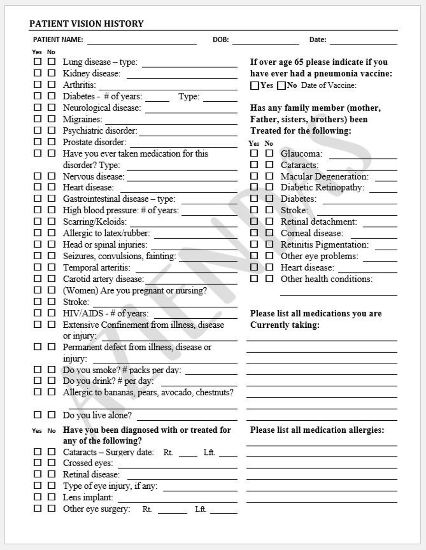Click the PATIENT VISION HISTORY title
[86, 24]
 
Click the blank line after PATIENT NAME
[142, 40]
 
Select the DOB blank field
[265, 40]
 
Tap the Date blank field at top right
[363, 40]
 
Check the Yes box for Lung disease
[37, 62]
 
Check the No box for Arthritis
[52, 84]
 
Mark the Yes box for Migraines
[37, 119]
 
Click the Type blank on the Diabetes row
[220, 98]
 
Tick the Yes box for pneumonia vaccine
[254, 86]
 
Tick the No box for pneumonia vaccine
[281, 86]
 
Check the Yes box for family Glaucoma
[254, 153]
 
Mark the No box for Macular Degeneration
[269, 176]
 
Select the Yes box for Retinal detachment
[254, 222]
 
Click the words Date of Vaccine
[329, 85]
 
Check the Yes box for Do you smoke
[37, 370]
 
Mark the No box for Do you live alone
[52, 415]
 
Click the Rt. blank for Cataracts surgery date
[188, 454]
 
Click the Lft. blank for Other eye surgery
[223, 510]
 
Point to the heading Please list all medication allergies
[317, 430]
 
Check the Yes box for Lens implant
[37, 497]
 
